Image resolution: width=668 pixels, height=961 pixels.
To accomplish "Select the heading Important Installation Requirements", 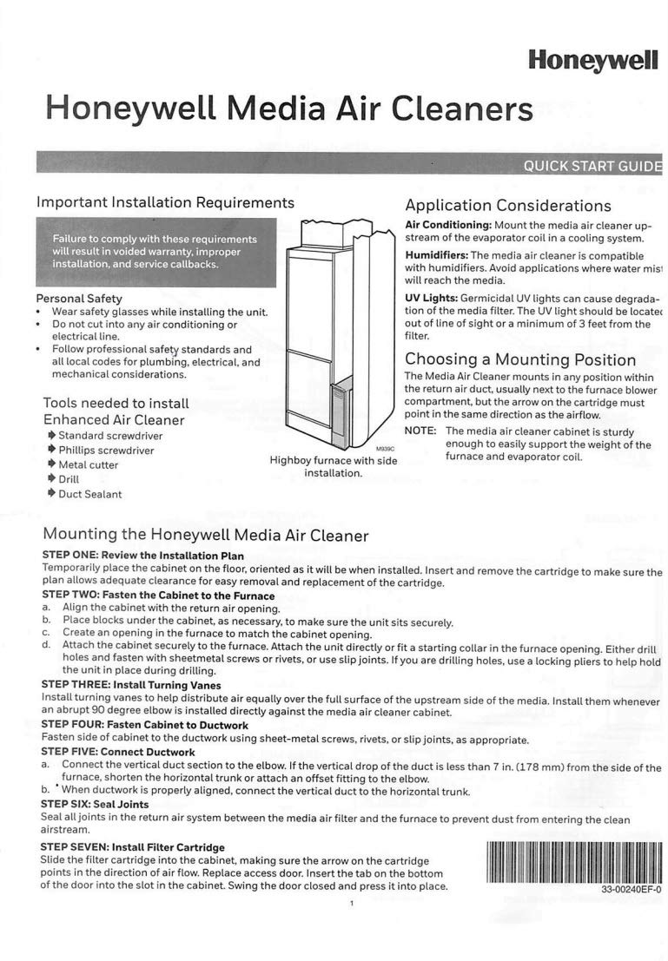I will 165,202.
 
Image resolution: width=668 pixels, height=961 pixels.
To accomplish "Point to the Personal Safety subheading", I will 79,299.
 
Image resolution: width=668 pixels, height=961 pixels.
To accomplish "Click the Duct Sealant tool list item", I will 89,494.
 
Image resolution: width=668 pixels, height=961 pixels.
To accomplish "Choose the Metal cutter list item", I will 88,464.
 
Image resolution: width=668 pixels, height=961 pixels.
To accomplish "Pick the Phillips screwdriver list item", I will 105,450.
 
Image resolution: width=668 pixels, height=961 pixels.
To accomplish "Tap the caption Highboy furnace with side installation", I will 334,467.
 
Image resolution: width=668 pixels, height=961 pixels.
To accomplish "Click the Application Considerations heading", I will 508,206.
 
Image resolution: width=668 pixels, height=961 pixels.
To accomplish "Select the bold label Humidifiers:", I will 437,255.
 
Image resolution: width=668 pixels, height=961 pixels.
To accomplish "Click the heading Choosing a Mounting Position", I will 520,359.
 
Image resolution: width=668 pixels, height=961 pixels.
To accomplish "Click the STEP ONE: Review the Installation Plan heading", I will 143,555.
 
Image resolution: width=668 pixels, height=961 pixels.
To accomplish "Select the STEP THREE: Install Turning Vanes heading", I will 131,685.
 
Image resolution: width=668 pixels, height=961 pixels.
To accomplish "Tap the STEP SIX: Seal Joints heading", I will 96,804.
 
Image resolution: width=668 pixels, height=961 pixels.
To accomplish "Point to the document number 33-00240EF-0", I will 631,890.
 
